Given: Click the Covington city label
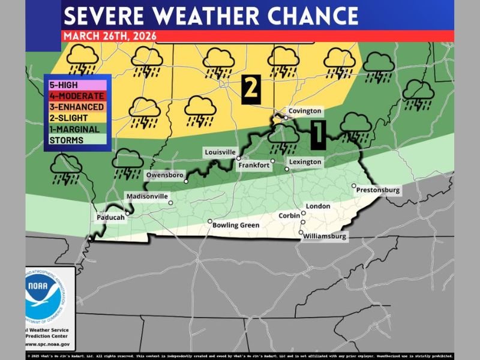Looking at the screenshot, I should [x=305, y=111].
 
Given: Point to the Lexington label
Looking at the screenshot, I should [x=305, y=162].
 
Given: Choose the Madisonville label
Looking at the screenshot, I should [x=148, y=196].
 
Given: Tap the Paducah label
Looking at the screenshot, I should [x=110, y=218].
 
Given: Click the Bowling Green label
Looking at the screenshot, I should [x=236, y=226].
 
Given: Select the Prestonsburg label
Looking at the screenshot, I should [x=378, y=190].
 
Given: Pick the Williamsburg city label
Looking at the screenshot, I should [x=325, y=236].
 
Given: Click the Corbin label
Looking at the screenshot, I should [x=289, y=215].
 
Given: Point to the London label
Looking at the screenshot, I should [x=318, y=206].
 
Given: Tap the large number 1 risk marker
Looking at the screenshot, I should [x=318, y=135].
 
